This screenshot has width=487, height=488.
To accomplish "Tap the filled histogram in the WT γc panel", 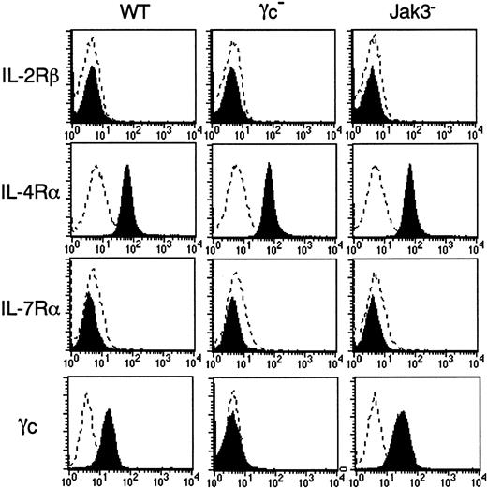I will [x=109, y=445].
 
